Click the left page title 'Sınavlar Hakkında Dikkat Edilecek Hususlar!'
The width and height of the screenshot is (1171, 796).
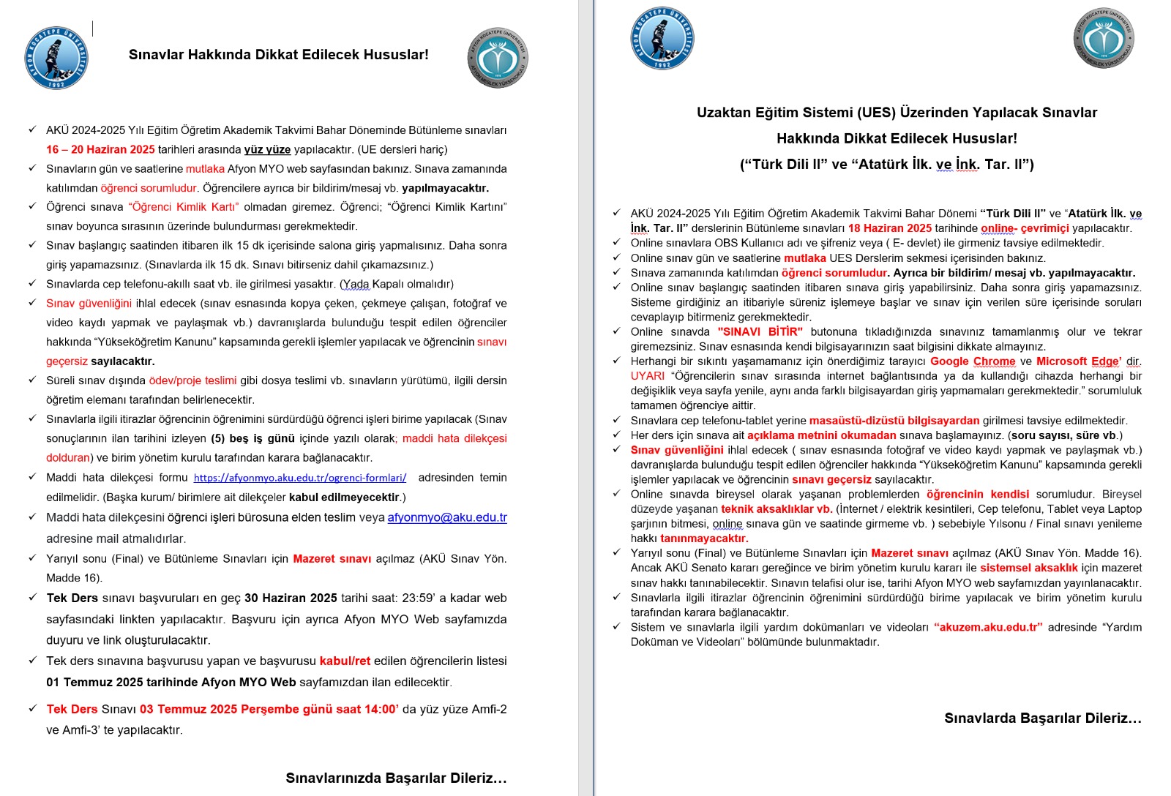(278, 55)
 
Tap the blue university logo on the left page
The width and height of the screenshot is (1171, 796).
(56, 59)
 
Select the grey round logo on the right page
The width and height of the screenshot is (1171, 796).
(1104, 38)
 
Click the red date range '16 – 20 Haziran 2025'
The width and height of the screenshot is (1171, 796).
(100, 149)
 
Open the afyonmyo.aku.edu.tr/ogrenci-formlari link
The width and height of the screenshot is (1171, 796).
(300, 478)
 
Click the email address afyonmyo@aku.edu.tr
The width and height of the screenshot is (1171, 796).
(447, 517)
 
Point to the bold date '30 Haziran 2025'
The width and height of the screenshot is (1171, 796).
(291, 598)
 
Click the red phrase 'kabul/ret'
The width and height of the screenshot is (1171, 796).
(345, 661)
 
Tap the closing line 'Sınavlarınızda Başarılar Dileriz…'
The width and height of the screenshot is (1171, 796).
(396, 778)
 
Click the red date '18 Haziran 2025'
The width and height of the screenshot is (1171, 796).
(890, 228)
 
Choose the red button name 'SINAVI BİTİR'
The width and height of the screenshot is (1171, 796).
(760, 331)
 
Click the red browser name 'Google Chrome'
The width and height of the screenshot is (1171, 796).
(973, 361)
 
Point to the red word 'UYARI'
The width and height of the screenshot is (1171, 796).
(648, 376)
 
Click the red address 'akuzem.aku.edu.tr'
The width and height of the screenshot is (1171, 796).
(988, 627)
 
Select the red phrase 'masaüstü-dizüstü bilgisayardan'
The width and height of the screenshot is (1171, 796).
(894, 421)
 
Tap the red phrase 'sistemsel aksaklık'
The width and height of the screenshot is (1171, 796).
(1029, 568)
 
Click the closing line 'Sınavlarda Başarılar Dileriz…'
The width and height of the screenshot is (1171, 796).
(1043, 718)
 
